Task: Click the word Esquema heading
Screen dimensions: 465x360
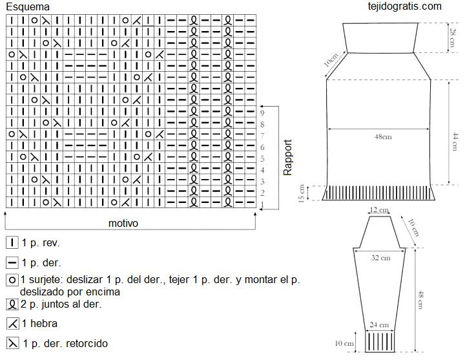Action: coord(28,7)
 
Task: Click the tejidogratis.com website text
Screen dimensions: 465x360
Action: coord(404,6)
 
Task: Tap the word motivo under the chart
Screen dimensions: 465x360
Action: coord(123,223)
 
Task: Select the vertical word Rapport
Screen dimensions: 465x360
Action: coord(287,158)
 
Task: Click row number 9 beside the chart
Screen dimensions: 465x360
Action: coord(262,112)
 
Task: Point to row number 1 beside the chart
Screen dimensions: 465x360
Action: coord(262,204)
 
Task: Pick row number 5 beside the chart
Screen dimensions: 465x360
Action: coord(262,159)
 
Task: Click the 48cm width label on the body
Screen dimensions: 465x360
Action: coord(383,137)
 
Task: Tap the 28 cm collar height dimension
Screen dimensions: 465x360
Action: coord(453,37)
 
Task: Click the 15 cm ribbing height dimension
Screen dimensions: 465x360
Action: coord(302,193)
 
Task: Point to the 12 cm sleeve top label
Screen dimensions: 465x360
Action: coord(379,210)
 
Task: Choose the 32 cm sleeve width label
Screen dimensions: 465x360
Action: coord(381,258)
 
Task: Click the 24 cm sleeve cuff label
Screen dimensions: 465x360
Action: coord(379,325)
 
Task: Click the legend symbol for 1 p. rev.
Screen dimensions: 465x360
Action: coord(12,243)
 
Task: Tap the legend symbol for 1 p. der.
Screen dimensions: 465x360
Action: coord(12,262)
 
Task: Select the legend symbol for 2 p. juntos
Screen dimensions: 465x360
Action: coord(12,304)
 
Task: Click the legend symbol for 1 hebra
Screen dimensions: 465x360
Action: coord(13,324)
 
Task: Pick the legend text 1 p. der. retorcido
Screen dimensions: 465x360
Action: coord(65,343)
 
